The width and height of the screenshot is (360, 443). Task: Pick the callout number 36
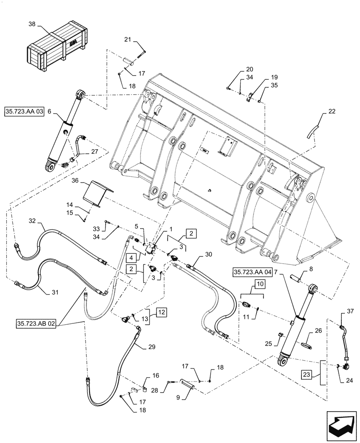pyautogui.click(x=75, y=181)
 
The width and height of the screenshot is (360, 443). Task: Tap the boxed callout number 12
pyautogui.click(x=149, y=312)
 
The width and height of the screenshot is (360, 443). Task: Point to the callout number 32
pyautogui.click(x=32, y=220)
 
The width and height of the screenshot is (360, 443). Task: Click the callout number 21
pyautogui.click(x=128, y=40)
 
